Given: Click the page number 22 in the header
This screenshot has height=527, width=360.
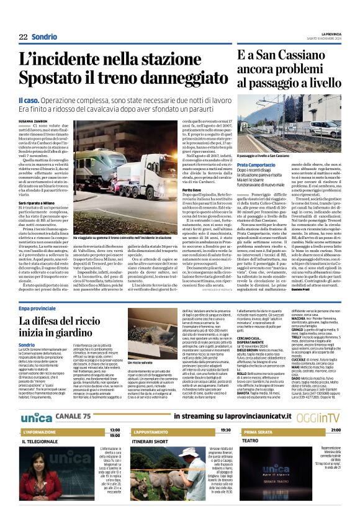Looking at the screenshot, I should [23, 37].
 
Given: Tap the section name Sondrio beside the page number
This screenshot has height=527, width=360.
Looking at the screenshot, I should [44, 37].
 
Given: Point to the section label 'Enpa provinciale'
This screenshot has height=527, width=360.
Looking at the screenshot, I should [37, 308].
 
